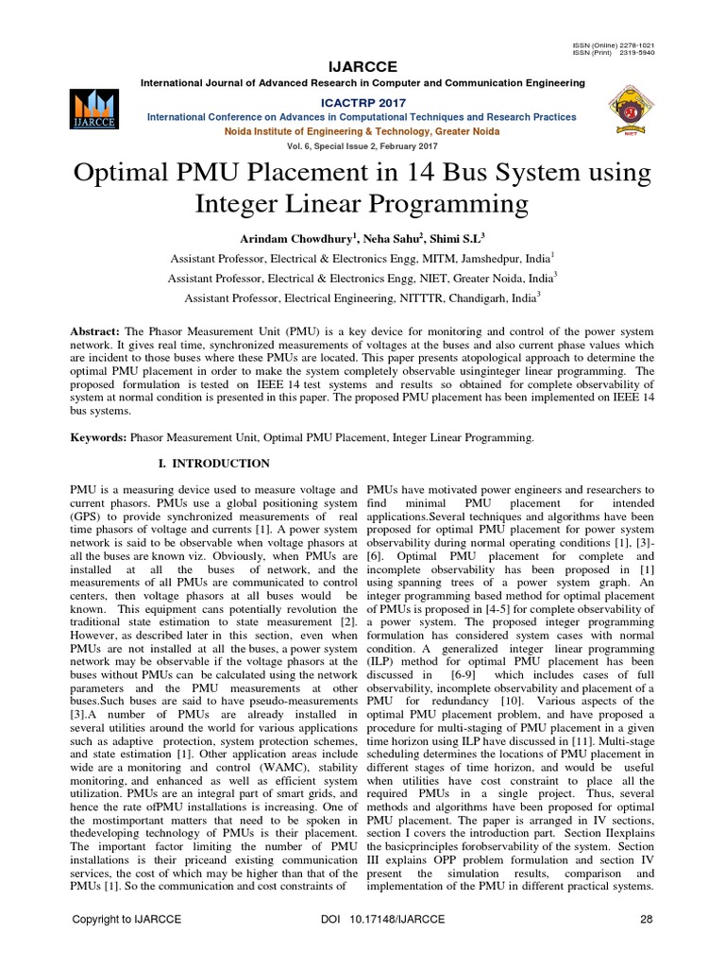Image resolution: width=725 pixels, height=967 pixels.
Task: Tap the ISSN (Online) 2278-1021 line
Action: coord(613,44)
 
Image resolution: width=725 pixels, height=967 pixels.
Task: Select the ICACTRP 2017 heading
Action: coord(362,101)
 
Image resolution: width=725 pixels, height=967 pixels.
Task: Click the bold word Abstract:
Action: coord(94,334)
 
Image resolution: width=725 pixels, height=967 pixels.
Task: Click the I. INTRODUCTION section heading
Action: coord(212,464)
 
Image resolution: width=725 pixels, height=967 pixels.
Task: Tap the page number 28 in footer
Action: coord(647,919)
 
